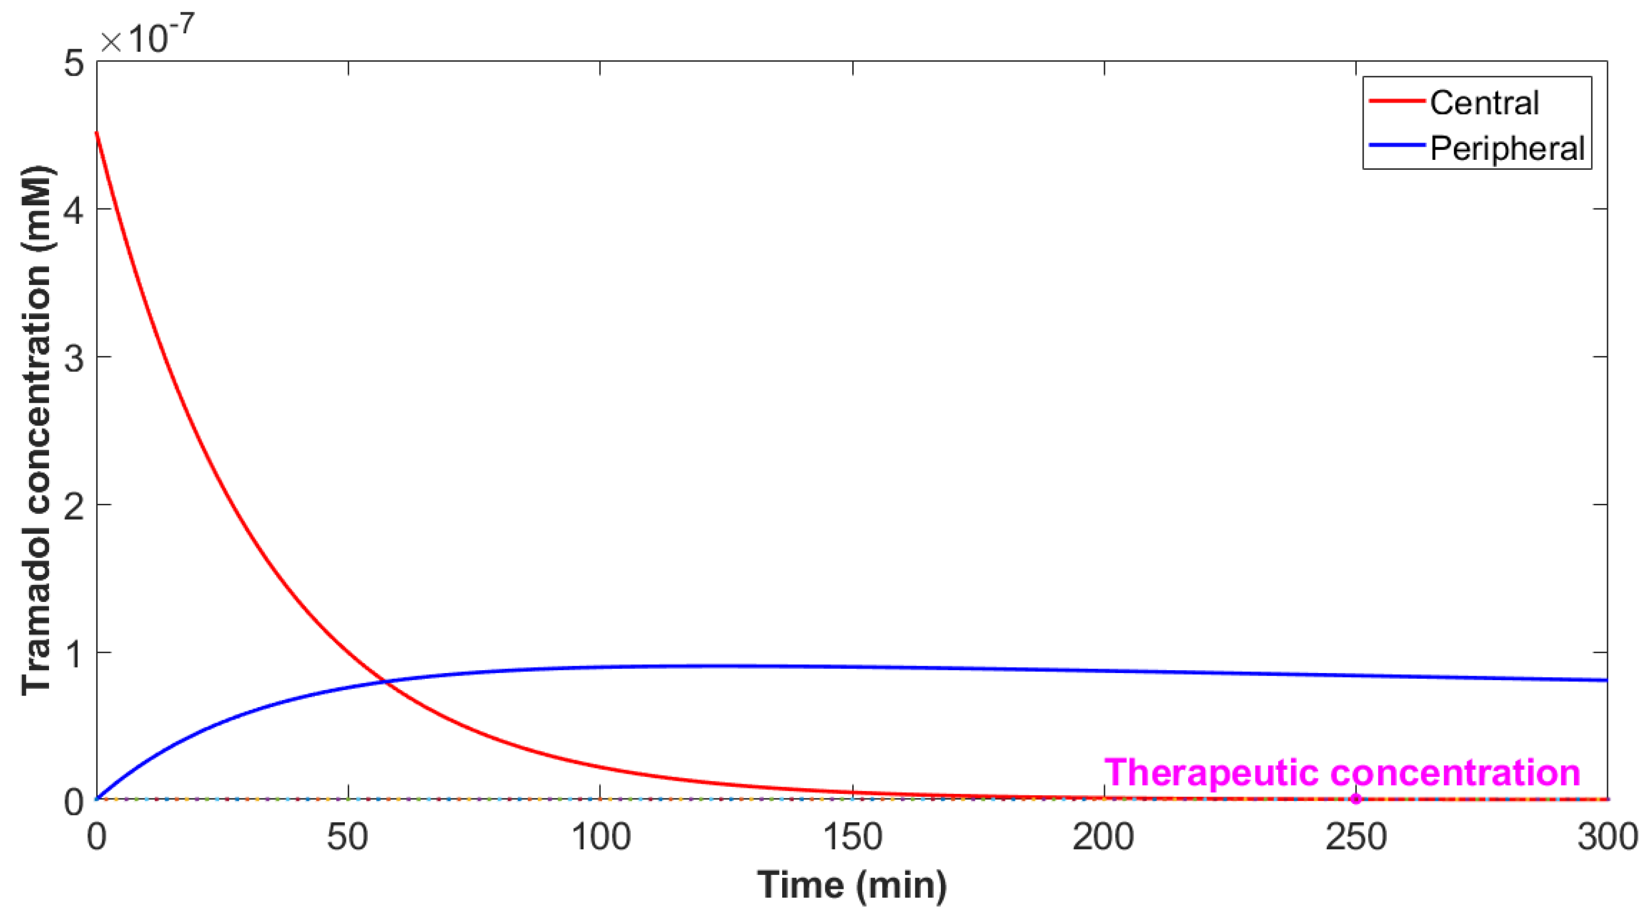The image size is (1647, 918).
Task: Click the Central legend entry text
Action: tap(1484, 104)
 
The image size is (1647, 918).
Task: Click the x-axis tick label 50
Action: tap(348, 837)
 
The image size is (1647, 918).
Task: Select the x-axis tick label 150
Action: tap(852, 837)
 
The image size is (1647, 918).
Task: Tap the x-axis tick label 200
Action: tap(1104, 837)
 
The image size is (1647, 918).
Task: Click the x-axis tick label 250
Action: tap(1355, 837)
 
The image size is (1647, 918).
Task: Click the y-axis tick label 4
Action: tap(74, 210)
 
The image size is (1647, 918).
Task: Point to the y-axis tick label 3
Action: tap(74, 358)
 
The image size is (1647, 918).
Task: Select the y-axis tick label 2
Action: tap(74, 505)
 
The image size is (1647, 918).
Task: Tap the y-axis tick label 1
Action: tap(74, 653)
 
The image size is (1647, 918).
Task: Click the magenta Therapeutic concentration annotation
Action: tap(1341, 773)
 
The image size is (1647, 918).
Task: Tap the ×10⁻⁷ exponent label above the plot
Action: tap(147, 37)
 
